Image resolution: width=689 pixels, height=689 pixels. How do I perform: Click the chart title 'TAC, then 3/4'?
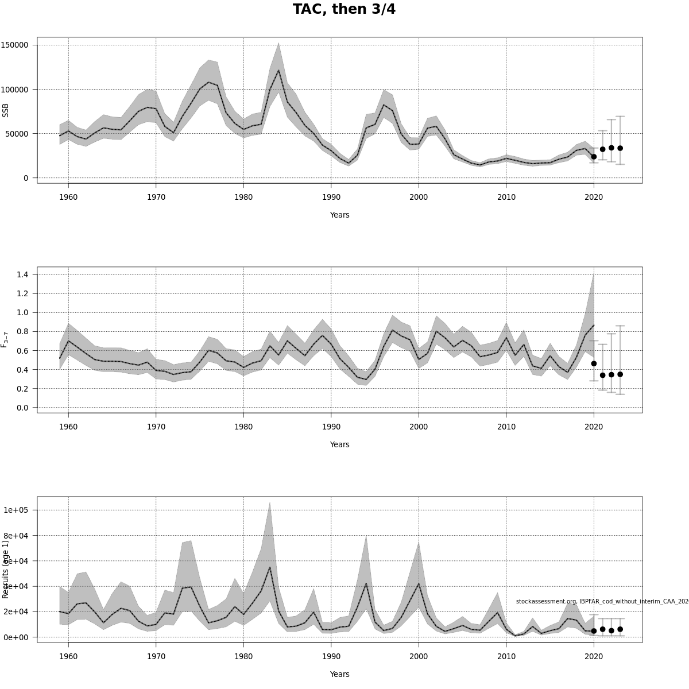(x=344, y=9)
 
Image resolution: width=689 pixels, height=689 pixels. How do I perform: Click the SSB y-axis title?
(x=6, y=110)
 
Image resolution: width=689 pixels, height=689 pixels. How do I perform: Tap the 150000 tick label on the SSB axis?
(x=16, y=45)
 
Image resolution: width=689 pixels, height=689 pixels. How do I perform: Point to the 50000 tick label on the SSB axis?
(x=17, y=134)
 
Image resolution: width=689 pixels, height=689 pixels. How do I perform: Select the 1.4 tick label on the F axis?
(x=22, y=274)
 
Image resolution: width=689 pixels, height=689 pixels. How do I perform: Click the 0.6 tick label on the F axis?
(x=22, y=351)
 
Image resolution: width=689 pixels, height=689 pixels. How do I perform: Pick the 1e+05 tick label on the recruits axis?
(x=16, y=510)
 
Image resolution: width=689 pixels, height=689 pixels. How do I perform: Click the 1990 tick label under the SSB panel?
(x=331, y=197)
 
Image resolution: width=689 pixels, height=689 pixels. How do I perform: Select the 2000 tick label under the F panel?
(x=419, y=427)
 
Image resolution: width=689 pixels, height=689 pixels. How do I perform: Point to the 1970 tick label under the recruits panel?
(x=156, y=656)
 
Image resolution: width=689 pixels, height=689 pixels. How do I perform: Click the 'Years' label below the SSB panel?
(x=339, y=215)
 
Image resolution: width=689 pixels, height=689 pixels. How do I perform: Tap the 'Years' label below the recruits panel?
(x=339, y=674)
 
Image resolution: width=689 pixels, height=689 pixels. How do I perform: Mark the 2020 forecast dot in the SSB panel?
(x=594, y=157)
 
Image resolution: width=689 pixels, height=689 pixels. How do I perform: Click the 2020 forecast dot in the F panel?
(x=594, y=363)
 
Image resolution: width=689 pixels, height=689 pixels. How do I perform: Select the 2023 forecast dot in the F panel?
(x=620, y=374)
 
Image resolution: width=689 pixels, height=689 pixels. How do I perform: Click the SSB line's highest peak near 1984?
(x=278, y=71)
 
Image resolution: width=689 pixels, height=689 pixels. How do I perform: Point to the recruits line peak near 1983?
(x=270, y=568)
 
